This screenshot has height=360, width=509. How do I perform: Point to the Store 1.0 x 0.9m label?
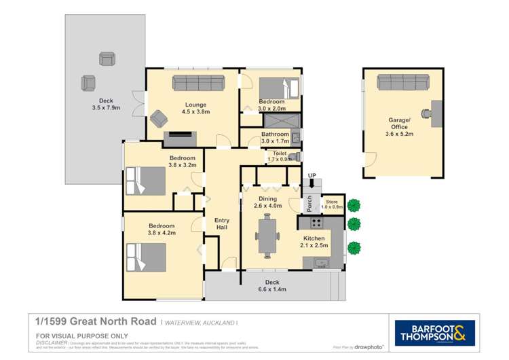(x=331, y=204)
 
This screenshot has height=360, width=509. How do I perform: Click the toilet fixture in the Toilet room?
(x=293, y=158)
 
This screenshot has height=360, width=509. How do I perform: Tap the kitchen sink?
(x=321, y=263)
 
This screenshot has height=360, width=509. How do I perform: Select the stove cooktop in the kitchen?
(x=316, y=222)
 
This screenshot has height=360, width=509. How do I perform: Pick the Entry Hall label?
(x=222, y=223)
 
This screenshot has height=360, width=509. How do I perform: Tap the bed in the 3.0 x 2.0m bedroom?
(x=279, y=88)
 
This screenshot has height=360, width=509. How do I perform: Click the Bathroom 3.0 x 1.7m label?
(x=275, y=137)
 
